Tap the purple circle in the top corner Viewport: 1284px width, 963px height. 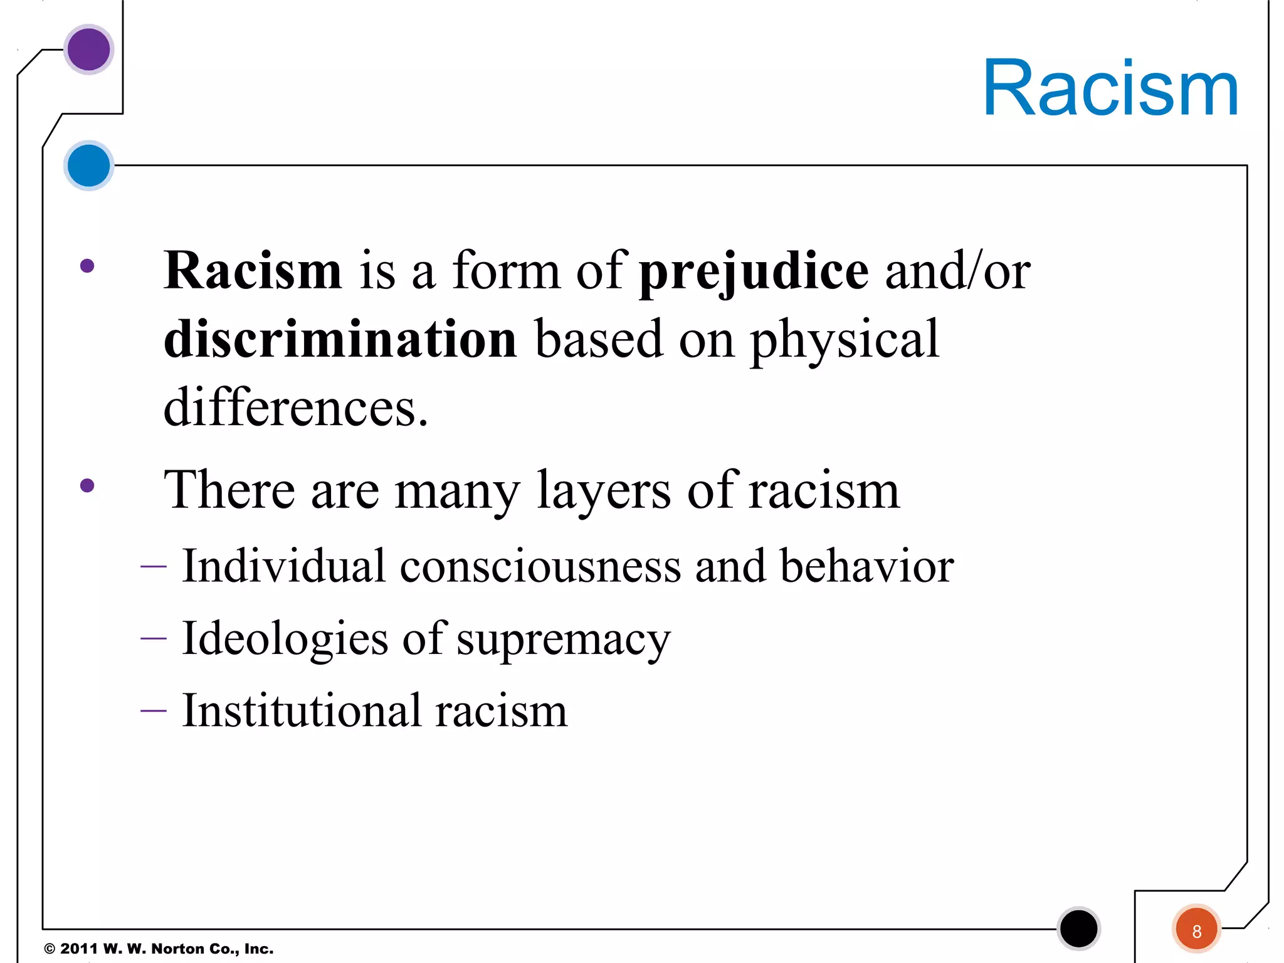[88, 49]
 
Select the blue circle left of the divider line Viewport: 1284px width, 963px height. [88, 166]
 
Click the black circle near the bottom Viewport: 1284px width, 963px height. [1078, 929]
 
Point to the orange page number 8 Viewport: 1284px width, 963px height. [1196, 931]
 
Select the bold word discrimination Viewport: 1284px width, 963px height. [340, 339]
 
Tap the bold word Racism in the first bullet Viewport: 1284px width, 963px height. [253, 271]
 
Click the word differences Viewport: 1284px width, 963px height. [295, 408]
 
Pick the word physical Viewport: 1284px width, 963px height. [845, 340]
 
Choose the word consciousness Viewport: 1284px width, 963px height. [540, 566]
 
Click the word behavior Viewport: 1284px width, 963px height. [866, 566]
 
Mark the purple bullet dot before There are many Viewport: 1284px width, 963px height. [87, 485]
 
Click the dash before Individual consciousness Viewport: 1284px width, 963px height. [154, 567]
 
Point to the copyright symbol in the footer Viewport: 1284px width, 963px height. [50, 949]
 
